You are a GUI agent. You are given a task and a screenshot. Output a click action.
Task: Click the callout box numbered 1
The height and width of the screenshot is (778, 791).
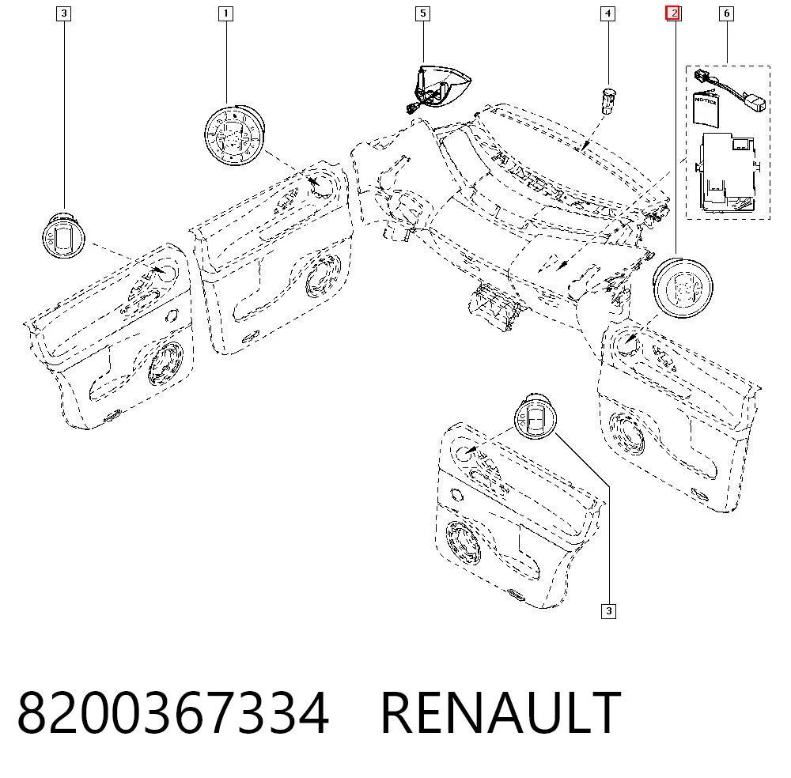pyautogui.click(x=225, y=13)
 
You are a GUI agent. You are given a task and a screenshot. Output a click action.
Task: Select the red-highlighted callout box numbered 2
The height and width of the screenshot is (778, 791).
pyautogui.click(x=674, y=13)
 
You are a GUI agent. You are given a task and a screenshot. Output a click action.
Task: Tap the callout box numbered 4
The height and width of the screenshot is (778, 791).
pyautogui.click(x=607, y=13)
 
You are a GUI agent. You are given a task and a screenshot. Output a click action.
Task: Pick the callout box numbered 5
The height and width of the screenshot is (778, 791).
pyautogui.click(x=422, y=13)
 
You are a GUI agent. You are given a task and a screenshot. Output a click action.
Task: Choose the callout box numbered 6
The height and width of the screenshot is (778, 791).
pyautogui.click(x=726, y=13)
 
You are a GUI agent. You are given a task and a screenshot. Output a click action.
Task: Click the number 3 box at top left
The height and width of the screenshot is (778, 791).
pyautogui.click(x=63, y=13)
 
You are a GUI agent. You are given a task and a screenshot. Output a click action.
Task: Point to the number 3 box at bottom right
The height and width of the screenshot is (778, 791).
pyautogui.click(x=608, y=611)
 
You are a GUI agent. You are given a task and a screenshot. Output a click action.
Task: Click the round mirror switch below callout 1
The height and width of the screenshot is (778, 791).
pyautogui.click(x=234, y=135)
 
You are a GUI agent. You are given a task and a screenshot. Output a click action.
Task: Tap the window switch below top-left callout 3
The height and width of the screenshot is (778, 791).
pyautogui.click(x=63, y=236)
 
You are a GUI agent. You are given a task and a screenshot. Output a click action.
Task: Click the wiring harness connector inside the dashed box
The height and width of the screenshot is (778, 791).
pyautogui.click(x=729, y=91)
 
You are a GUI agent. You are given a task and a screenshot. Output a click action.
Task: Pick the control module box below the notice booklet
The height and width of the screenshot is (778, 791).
pyautogui.click(x=727, y=172)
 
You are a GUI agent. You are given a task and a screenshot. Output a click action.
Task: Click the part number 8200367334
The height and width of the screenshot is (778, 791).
pyautogui.click(x=173, y=713)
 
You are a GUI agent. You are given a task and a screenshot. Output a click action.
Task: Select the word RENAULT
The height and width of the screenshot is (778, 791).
pyautogui.click(x=501, y=713)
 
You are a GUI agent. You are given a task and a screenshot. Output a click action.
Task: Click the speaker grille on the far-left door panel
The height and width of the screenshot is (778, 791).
pyautogui.click(x=165, y=363)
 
